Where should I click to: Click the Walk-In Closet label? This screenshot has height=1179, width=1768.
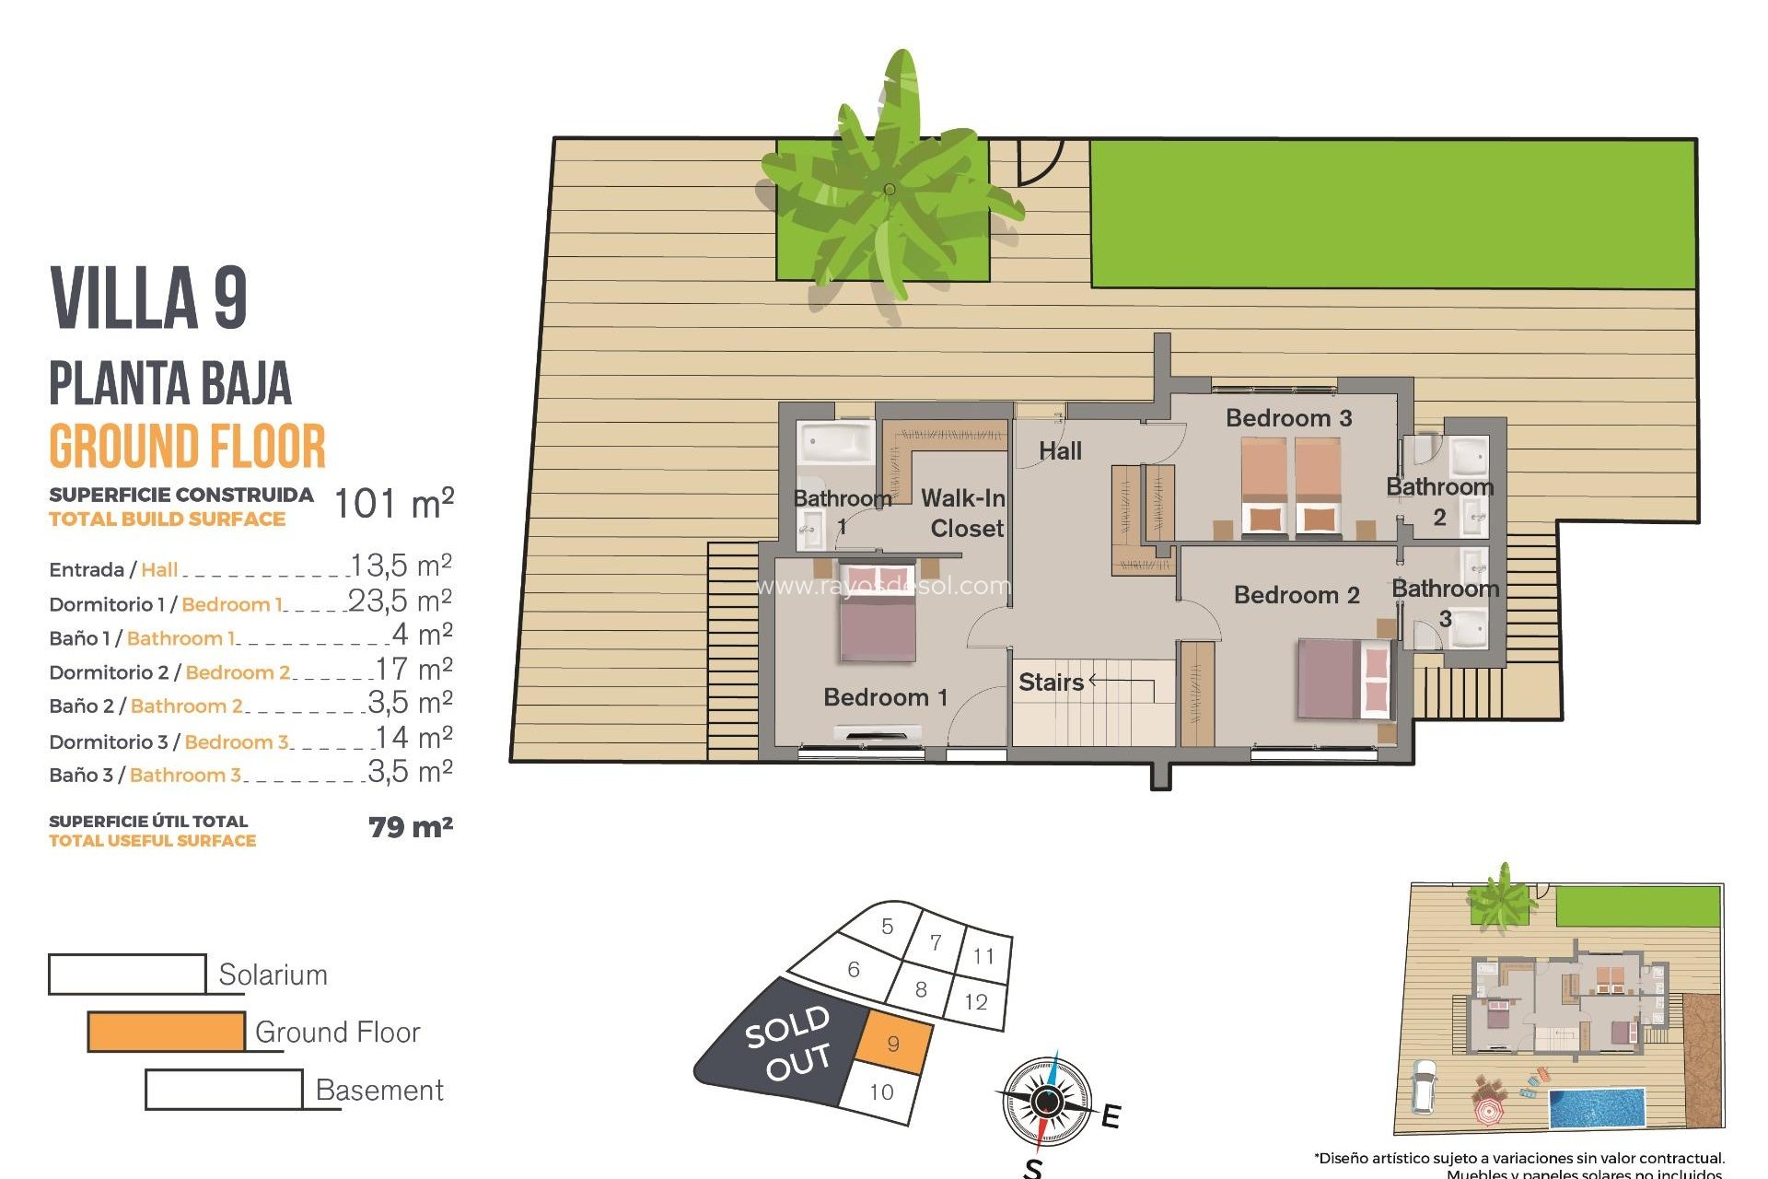click(x=963, y=513)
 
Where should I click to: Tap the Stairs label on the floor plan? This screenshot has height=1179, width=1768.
click(x=1051, y=683)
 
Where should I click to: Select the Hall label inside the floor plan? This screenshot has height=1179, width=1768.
click(x=1060, y=451)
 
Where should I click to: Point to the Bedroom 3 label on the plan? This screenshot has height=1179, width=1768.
click(x=1288, y=418)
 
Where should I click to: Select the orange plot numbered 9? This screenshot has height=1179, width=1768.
click(x=893, y=1044)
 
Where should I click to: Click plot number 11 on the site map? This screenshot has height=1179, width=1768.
click(x=983, y=957)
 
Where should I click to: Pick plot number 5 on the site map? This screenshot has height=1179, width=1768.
click(x=887, y=927)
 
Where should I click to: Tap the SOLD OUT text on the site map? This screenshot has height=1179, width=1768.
click(x=788, y=1044)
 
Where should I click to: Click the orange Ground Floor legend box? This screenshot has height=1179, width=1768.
click(x=167, y=1032)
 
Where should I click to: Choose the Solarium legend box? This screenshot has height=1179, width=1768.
click(x=127, y=975)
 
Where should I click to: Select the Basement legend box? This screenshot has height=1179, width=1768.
click(x=224, y=1090)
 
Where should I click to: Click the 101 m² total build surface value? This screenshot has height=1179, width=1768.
click(x=393, y=504)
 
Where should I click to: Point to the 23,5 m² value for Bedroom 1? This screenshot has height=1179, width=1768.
click(x=401, y=601)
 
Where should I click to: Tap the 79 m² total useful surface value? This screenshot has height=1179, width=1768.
click(x=411, y=827)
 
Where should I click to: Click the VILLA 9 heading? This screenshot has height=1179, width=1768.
click(x=148, y=298)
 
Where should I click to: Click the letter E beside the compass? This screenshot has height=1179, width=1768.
click(x=1111, y=1116)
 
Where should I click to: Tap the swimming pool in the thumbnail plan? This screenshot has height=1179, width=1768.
click(x=1597, y=1108)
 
